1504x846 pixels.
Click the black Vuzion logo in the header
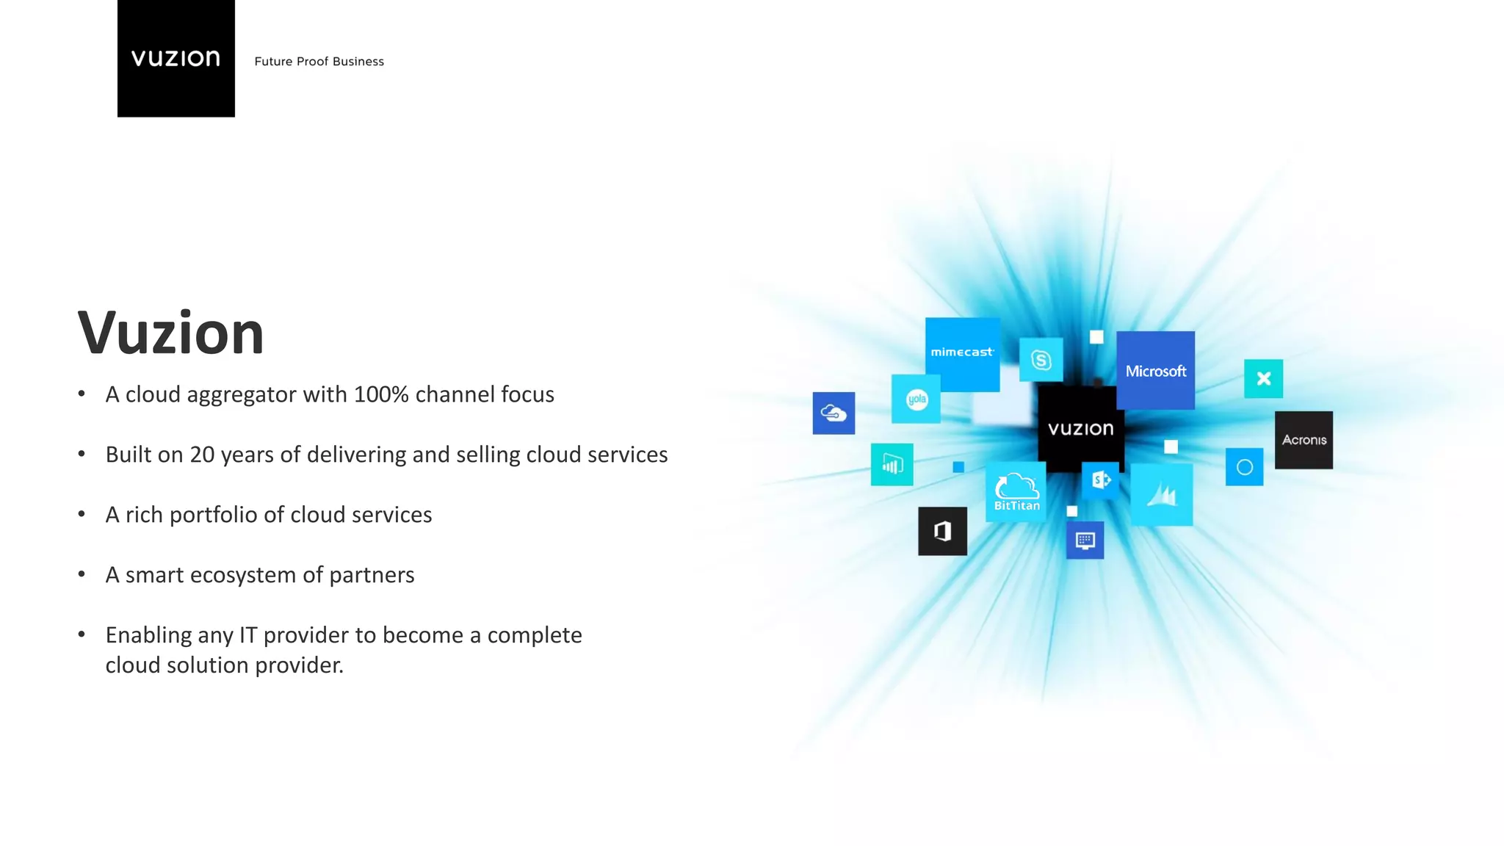176,58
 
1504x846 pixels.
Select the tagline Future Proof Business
319,62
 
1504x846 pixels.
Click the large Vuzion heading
170,333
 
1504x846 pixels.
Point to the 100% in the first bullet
380,394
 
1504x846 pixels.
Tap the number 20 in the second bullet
202,455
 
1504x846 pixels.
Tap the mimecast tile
962,353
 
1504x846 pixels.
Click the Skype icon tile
1041,360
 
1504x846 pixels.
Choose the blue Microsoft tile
1155,371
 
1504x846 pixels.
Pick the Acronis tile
1304,440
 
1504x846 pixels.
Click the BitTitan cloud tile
1016,492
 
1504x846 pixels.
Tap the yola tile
916,399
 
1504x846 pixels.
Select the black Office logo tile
942,531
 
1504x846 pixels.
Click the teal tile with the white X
1263,379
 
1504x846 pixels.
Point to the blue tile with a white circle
1244,467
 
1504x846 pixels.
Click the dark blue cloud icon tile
834,413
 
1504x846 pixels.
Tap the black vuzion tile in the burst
1080,429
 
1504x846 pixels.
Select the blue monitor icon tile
1085,541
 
